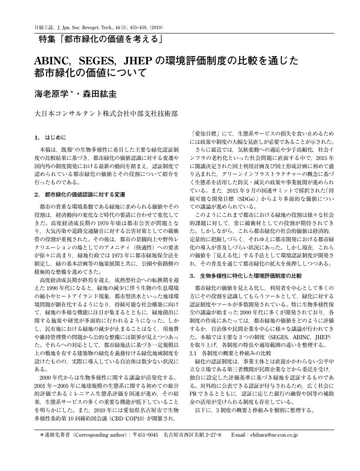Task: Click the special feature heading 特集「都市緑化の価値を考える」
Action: (x=101, y=40)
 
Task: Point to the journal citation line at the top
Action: (x=98, y=27)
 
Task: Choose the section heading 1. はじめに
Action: (x=50, y=138)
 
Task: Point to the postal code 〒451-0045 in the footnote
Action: (x=145, y=434)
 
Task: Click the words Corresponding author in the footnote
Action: (x=100, y=434)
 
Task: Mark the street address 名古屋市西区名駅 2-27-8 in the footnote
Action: (x=192, y=434)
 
